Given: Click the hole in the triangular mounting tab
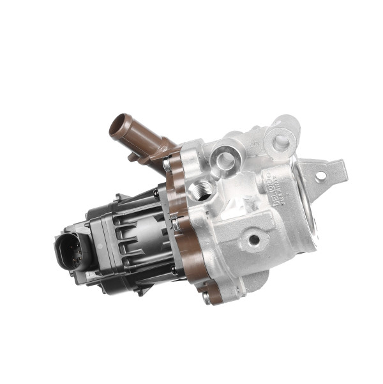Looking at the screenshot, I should [320, 174].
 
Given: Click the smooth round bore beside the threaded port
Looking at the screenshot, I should [225, 158].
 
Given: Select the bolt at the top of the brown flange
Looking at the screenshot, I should [167, 165].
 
